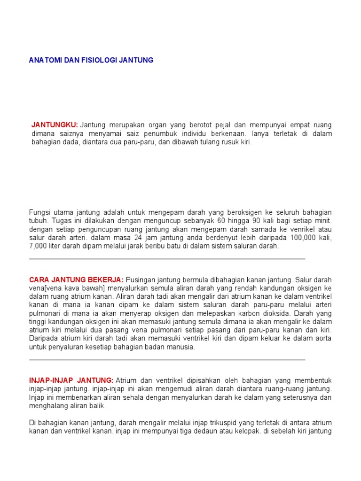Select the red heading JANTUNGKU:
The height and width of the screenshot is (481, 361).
(55, 125)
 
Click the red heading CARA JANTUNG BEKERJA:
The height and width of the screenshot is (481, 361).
(77, 279)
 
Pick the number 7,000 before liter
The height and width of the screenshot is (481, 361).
(38, 246)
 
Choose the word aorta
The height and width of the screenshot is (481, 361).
(323, 339)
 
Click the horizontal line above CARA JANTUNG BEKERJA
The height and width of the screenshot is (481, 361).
(167, 259)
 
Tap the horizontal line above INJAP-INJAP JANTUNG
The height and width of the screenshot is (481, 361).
(167, 360)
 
